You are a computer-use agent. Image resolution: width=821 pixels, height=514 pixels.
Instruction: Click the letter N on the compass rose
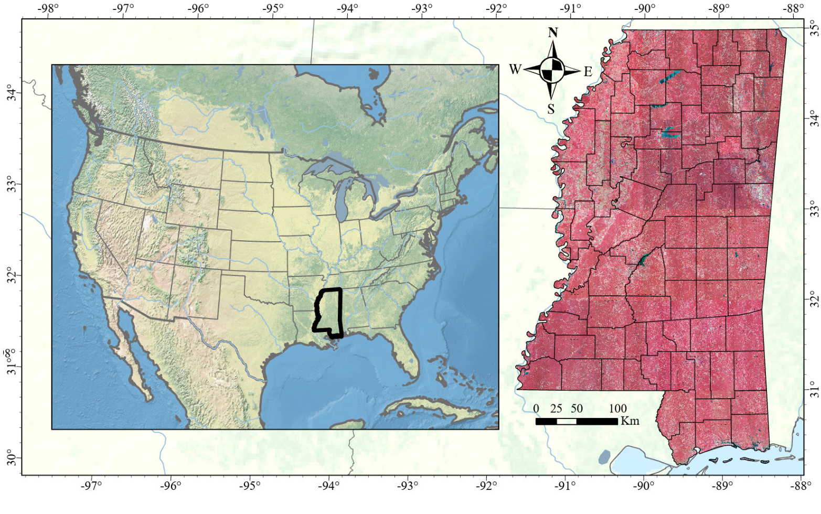[552, 33]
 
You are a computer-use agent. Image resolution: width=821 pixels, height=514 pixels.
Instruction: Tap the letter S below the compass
[551, 109]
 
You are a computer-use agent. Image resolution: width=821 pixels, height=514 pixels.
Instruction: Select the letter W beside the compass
[515, 69]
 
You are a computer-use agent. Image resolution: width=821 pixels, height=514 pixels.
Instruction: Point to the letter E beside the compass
[588, 72]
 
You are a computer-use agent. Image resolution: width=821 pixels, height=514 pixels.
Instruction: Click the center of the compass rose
[552, 70]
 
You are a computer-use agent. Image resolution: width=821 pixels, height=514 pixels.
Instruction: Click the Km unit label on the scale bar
[630, 421]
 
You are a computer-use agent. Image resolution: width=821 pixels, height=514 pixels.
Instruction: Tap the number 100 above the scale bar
[617, 409]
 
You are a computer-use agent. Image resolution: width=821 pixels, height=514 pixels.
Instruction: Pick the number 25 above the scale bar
[556, 409]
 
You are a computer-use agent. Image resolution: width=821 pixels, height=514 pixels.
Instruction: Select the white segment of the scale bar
[566, 421]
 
